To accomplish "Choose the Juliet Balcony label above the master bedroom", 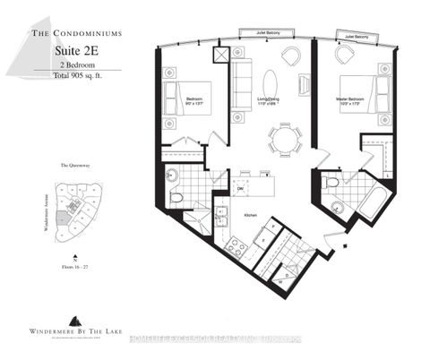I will pyautogui.click(x=353, y=37).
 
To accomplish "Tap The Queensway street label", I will pyautogui.click(x=73, y=167).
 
